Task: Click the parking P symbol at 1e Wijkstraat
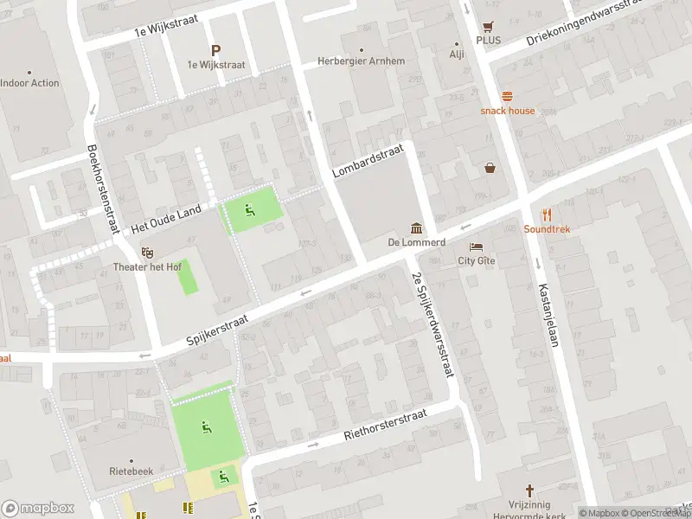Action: (x=215, y=50)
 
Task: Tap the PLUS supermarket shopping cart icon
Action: (x=489, y=26)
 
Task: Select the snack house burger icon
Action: (x=508, y=96)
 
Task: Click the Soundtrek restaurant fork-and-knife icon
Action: (x=547, y=215)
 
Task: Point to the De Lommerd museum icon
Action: (x=417, y=228)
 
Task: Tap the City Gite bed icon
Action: (x=476, y=247)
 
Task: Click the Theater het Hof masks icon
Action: (x=148, y=253)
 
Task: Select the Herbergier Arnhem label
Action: (x=362, y=61)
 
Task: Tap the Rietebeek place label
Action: (x=131, y=471)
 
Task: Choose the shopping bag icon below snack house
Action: (x=490, y=168)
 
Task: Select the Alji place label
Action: (x=457, y=54)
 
